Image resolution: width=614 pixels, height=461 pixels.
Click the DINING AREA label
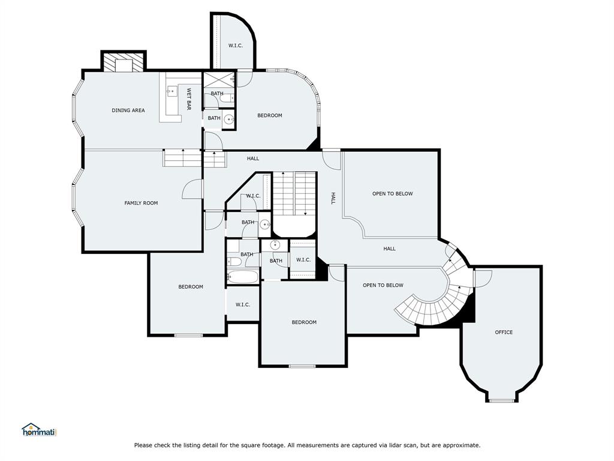coord(128,110)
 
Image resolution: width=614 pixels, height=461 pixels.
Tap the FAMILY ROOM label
coord(141,203)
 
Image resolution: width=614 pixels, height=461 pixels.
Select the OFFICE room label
coord(504,332)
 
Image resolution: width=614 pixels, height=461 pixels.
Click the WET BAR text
coord(188,99)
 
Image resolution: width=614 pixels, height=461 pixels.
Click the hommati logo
coord(38,430)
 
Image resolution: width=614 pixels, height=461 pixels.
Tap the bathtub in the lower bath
coord(243,277)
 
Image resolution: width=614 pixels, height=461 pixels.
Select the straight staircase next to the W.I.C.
coord(294,192)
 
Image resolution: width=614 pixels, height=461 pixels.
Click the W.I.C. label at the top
coord(235,46)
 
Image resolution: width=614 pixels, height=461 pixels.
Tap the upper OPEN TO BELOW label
coord(392,194)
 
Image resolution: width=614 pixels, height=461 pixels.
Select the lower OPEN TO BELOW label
coord(383,285)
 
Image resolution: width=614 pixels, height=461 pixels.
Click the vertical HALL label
coord(333,198)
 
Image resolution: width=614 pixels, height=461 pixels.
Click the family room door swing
coord(192,189)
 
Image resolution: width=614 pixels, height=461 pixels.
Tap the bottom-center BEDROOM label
coord(304,322)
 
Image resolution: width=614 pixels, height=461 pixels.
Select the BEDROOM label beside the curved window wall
coord(269,115)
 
